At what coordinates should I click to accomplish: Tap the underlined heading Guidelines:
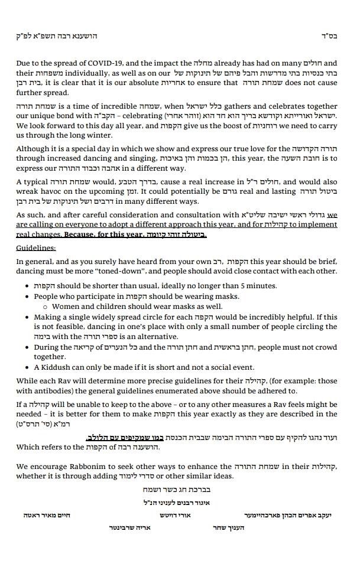tap(36, 248)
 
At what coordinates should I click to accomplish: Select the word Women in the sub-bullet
tap(66, 307)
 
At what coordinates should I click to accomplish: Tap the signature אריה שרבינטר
tap(130, 527)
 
